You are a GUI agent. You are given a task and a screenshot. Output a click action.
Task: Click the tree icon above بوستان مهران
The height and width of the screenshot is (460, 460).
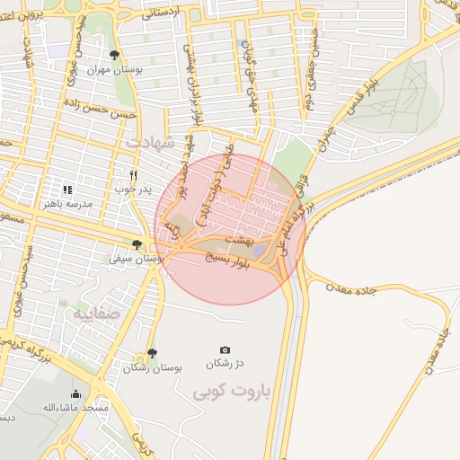click(113, 55)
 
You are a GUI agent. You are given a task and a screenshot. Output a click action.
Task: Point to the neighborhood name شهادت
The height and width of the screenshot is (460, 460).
click(148, 142)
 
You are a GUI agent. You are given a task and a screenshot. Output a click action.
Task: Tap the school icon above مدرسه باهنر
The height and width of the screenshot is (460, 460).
click(67, 190)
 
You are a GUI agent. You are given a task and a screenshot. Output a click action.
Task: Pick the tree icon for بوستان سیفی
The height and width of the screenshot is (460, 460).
click(137, 243)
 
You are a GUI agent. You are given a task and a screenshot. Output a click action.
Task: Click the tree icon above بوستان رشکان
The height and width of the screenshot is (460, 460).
click(151, 354)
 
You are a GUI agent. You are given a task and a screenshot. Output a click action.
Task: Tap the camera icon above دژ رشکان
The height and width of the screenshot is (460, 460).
click(224, 349)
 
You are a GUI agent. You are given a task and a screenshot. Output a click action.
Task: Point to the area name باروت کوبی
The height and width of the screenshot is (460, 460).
click(219, 392)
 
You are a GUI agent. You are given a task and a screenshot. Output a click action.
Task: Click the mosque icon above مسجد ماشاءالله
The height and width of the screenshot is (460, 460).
click(75, 394)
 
